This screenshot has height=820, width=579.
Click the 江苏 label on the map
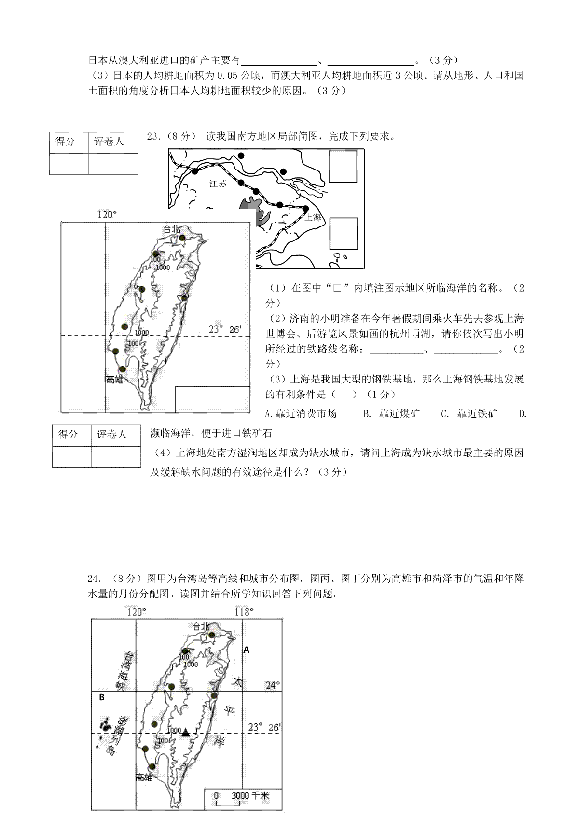218,184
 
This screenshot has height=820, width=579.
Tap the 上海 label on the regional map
313,217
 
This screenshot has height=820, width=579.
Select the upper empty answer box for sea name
342,167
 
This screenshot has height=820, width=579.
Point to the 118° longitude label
244,612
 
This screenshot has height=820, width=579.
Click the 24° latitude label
273,685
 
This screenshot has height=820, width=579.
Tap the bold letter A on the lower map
247,650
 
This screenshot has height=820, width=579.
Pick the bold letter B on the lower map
102,697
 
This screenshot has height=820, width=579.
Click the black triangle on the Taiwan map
186,733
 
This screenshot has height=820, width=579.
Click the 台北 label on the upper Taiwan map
172,229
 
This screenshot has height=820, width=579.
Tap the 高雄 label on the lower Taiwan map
144,778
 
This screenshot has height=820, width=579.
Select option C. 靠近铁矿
469,413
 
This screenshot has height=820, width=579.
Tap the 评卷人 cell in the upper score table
109,141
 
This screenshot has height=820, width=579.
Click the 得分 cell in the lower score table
68,434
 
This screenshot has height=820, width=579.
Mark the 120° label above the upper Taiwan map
108,214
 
